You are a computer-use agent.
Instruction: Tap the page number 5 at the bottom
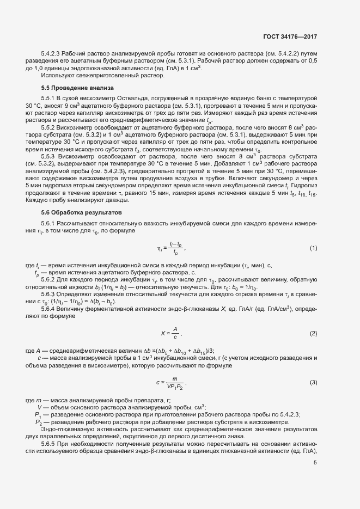[x=315, y=463]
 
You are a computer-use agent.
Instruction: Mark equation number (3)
[x=313, y=382]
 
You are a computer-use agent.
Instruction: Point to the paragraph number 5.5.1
[x=49, y=98]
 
